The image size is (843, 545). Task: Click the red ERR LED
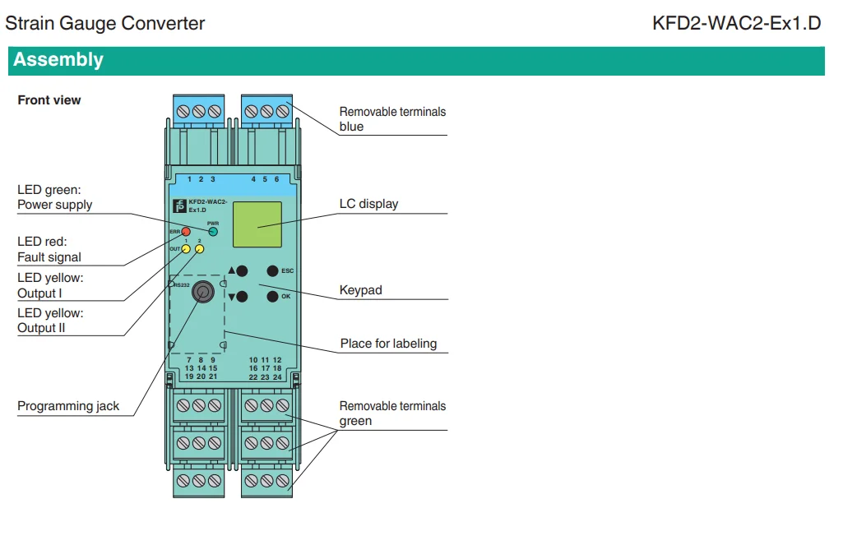point(186,232)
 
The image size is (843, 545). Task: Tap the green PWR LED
point(213,232)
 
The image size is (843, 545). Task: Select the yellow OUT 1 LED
point(186,249)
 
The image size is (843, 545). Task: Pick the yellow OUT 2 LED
point(200,249)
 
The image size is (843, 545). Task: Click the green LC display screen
point(257,224)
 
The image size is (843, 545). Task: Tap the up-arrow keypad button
point(242,271)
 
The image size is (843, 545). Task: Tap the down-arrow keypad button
point(242,296)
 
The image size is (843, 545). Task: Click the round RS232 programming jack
point(202,292)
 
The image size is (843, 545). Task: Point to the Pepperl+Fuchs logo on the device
point(179,206)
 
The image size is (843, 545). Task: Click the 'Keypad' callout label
point(361,290)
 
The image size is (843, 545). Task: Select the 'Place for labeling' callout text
point(388,344)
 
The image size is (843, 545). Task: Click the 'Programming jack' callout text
point(68,406)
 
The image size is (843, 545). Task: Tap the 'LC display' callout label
point(368,204)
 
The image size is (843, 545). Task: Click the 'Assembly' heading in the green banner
point(58,60)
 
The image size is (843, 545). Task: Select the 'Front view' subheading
point(49,100)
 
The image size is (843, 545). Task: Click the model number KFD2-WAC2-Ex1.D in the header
point(737,23)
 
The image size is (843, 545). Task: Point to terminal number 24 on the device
point(277,377)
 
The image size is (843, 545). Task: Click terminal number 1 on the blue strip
point(189,179)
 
